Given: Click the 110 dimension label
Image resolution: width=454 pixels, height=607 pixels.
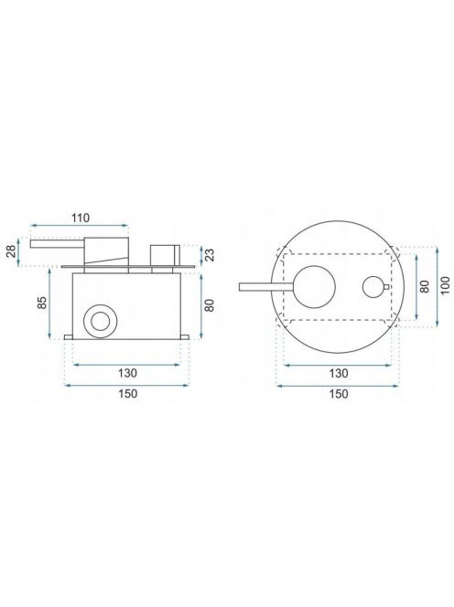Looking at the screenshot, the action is (x=81, y=218).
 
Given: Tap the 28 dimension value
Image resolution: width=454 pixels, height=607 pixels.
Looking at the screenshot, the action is (x=12, y=250).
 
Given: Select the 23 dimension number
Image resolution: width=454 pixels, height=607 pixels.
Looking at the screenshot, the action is (x=210, y=255).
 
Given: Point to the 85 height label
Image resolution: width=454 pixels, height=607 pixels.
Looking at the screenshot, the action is (x=42, y=303).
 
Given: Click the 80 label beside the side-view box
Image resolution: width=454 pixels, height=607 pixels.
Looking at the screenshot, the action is (x=209, y=305).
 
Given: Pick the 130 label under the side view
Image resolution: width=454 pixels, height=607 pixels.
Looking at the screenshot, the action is (x=127, y=373).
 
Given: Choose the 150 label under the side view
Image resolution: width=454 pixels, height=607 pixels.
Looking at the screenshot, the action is (x=127, y=394).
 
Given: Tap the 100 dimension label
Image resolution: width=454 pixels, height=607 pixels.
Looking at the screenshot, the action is (x=446, y=286).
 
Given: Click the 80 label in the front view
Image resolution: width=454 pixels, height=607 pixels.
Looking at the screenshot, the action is (x=425, y=286).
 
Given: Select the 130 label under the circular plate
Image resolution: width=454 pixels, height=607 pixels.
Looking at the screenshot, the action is (x=339, y=373).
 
